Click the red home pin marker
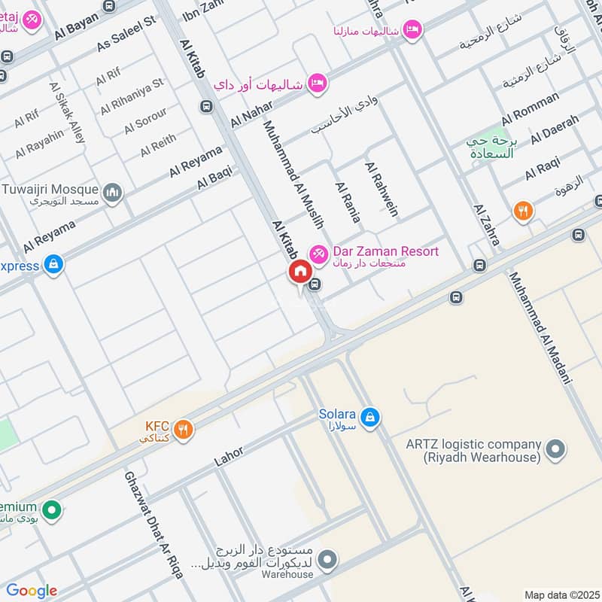click(x=299, y=272)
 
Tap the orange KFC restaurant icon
click(x=183, y=430)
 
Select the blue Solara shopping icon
click(x=369, y=416)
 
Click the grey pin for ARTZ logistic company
click(x=555, y=449)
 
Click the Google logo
click(x=31, y=591)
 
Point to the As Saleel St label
click(x=126, y=35)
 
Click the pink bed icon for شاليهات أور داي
click(x=318, y=83)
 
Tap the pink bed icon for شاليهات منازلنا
click(x=412, y=29)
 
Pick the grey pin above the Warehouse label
click(x=327, y=559)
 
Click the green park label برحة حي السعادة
click(x=490, y=147)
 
